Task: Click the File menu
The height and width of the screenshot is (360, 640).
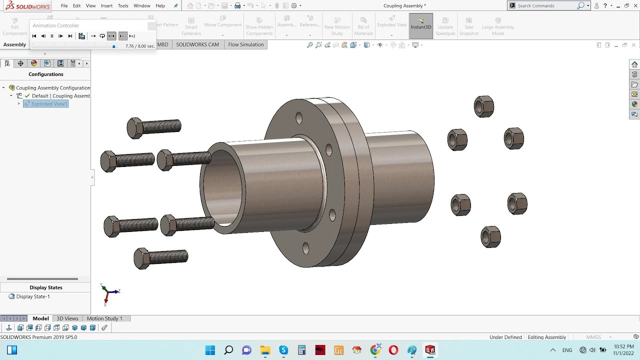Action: click(64, 5)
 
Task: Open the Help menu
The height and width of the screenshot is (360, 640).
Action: click(160, 5)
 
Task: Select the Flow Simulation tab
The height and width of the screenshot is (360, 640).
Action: click(245, 44)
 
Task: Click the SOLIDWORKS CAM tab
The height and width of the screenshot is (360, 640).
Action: click(197, 44)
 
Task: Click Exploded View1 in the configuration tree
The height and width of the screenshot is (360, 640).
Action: click(49, 104)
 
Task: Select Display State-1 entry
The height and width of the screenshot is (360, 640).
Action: click(33, 296)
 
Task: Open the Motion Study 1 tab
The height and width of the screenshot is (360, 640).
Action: click(104, 318)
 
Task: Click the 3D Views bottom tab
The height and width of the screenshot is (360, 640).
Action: click(67, 318)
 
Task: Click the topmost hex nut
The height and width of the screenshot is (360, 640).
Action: click(484, 106)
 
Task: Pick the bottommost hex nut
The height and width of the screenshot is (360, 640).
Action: click(490, 236)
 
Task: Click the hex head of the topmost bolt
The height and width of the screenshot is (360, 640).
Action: click(134, 128)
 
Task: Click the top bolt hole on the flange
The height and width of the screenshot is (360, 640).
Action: click(299, 118)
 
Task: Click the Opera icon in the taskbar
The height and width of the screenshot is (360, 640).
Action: click(393, 350)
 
